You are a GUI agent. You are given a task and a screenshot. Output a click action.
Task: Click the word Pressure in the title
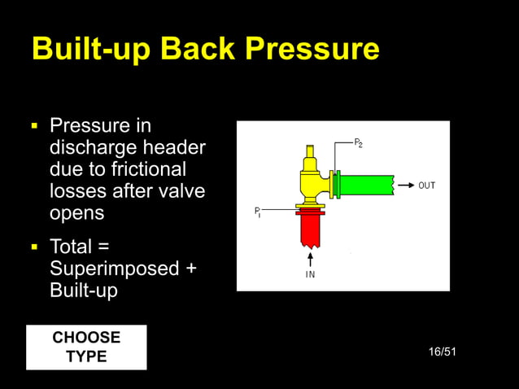click(x=312, y=50)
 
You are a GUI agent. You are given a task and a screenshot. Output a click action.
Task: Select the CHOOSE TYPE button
click(x=86, y=347)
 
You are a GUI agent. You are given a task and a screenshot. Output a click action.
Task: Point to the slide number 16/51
click(x=442, y=352)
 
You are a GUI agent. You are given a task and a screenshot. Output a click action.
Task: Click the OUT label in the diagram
click(x=426, y=186)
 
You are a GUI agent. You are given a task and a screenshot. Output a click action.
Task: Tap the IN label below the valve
click(x=310, y=275)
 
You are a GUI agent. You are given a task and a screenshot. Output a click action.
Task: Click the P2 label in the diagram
click(x=359, y=143)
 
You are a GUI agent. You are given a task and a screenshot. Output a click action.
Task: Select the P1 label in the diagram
click(x=257, y=213)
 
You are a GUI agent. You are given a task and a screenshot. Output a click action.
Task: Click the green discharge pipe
click(x=366, y=186)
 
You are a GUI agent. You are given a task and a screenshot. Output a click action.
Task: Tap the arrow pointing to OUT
click(x=404, y=186)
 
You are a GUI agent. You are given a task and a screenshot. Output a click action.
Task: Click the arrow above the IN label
click(x=310, y=259)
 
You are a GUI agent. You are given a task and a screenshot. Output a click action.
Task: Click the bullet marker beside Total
click(x=35, y=246)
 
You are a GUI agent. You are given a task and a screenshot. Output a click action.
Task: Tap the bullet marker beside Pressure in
click(x=35, y=127)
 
